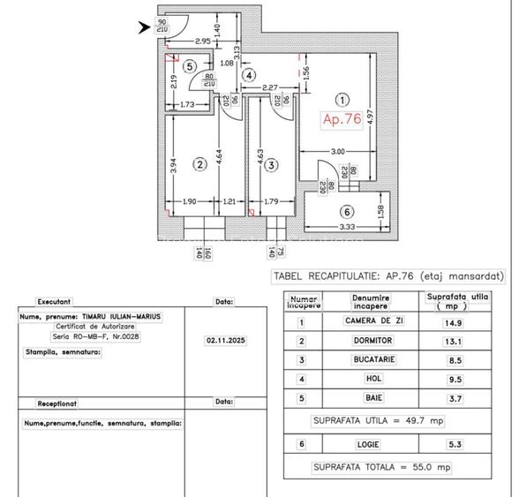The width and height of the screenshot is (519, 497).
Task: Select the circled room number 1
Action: [343, 101]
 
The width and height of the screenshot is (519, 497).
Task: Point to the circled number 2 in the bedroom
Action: [200, 163]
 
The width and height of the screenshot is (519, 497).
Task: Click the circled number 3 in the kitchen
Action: [271, 163]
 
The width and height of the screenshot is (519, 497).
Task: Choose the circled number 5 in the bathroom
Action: [189, 66]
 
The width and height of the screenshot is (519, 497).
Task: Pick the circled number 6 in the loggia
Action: [347, 212]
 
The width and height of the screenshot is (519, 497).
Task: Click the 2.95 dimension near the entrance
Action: [202, 41]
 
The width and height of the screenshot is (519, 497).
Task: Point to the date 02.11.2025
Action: [223, 337]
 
